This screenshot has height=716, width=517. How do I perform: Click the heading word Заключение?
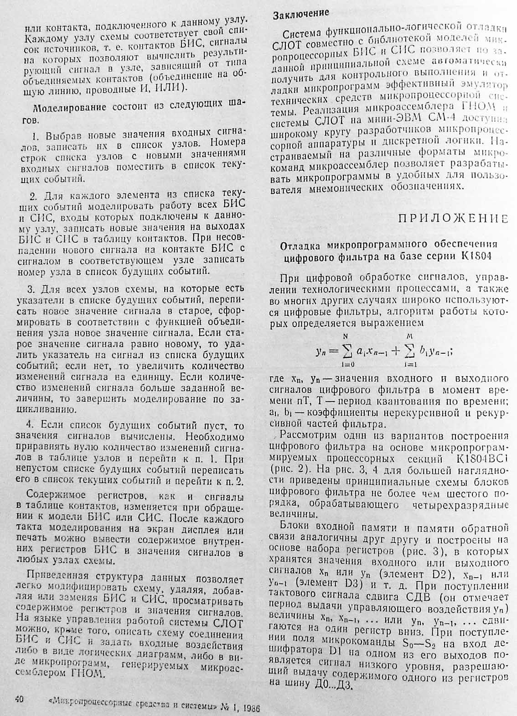click(x=300, y=15)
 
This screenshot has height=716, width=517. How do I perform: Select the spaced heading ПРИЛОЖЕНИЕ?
click(x=453, y=218)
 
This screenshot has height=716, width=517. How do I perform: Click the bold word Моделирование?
click(x=63, y=108)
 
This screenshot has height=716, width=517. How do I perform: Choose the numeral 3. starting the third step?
click(x=31, y=289)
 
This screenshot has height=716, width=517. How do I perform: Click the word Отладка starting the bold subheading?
click(x=298, y=245)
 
